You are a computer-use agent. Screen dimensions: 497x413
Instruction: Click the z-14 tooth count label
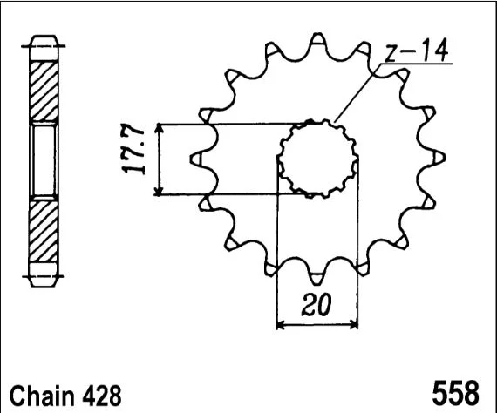coord(416,50)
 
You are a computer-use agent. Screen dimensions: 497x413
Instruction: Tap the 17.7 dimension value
coord(133,148)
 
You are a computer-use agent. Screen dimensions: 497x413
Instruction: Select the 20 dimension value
coord(317,305)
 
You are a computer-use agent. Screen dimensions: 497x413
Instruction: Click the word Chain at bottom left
coord(43,396)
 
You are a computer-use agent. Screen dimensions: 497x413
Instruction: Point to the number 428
coord(102,396)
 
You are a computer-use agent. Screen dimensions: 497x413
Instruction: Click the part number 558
coord(455,393)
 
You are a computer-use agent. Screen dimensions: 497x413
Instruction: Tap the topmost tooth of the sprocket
coord(318,41)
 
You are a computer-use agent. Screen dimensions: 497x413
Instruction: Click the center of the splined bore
coord(318,158)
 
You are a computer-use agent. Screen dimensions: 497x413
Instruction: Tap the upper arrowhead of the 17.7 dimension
coord(159,127)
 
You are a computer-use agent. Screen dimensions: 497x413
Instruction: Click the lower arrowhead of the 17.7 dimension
coord(159,191)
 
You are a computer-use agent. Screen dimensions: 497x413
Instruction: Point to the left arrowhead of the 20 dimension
coord(281,325)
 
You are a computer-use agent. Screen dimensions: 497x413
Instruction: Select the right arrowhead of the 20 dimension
coord(353,325)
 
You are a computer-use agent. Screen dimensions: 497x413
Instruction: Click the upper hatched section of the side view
coord(44,91)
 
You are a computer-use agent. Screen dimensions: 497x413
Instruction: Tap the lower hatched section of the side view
coord(44,231)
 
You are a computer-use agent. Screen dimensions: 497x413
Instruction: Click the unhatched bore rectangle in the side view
coord(44,160)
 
